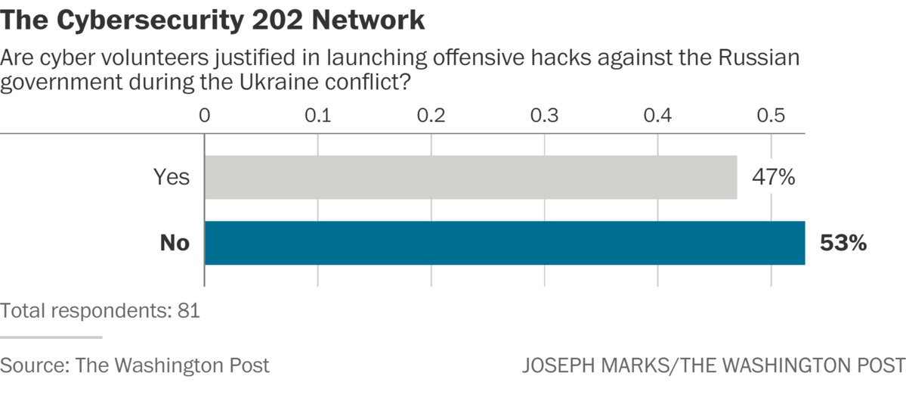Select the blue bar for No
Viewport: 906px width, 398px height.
[504, 243]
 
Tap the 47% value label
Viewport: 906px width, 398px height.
[773, 178]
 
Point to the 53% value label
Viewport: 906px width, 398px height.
[843, 244]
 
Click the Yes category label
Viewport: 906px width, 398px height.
[172, 178]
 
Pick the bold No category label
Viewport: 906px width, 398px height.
[174, 244]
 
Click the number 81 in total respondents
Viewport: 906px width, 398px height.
[189, 311]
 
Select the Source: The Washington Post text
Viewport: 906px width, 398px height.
[135, 365]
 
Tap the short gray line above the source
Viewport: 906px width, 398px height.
[51, 337]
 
